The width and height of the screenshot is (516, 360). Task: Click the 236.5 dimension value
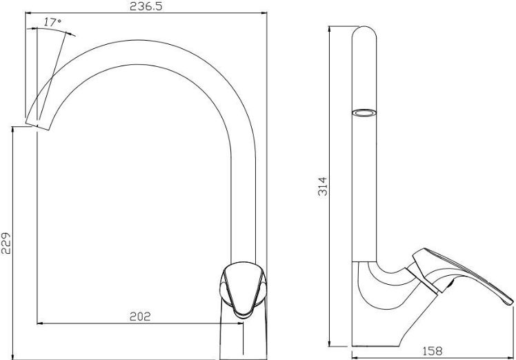(146, 6)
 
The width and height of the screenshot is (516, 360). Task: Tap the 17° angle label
(52, 22)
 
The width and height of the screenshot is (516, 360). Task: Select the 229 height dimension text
(6, 243)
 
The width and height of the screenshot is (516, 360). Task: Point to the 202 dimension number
(140, 317)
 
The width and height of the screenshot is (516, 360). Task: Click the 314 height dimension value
(323, 187)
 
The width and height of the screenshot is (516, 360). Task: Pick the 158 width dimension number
(433, 351)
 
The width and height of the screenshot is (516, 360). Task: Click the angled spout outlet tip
(37, 127)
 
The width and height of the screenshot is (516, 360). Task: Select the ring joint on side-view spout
(364, 113)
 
